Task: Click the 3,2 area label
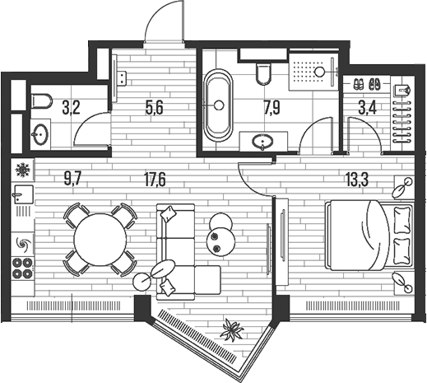pos(71,108)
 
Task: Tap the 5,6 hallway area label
pos(154,108)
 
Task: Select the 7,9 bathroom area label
pos(272,108)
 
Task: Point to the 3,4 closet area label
pos(368,108)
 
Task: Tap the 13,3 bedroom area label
pos(357,180)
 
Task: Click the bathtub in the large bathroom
pos(218,105)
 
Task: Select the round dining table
pos(100,240)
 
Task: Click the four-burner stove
pos(22,268)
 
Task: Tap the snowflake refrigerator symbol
pos(23,170)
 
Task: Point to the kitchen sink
pos(23,194)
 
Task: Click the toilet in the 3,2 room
pos(42,101)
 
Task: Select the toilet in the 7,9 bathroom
pos(263,74)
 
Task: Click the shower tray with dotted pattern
pos(313,72)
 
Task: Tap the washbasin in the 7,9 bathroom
pos(262,142)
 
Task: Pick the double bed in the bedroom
pos(369,236)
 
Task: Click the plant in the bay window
pos(233,329)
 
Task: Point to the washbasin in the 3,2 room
pos(41,134)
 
